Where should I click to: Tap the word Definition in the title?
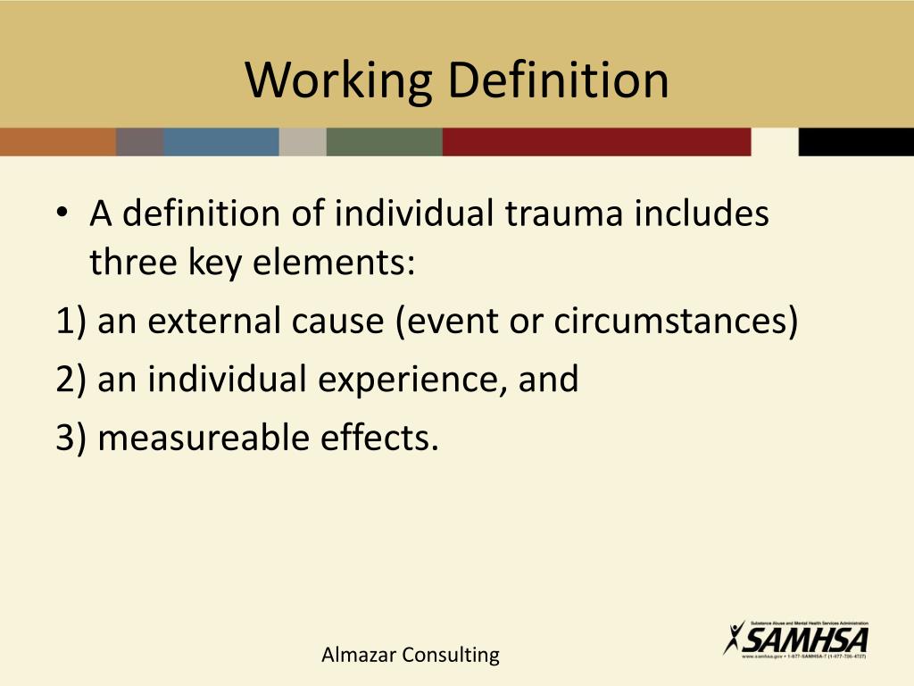(558, 79)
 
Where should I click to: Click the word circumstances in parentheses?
(675, 322)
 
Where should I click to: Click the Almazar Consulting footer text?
(411, 655)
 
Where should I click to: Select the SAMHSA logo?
(796, 638)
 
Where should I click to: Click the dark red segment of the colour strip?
(596, 142)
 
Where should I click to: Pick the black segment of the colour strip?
(855, 142)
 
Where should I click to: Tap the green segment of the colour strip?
(384, 142)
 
